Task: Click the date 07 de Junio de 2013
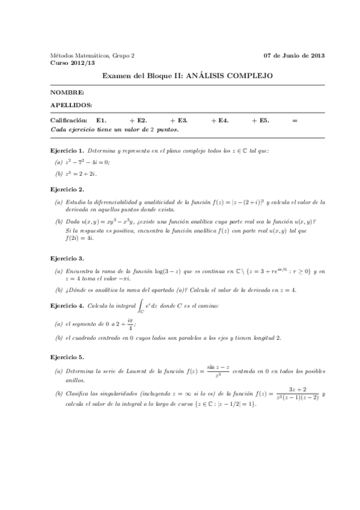coord(294,55)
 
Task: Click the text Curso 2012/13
coord(67,62)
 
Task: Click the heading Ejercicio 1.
coord(67,149)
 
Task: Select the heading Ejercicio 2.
coord(67,189)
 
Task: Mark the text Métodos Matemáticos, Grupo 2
coord(92,55)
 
